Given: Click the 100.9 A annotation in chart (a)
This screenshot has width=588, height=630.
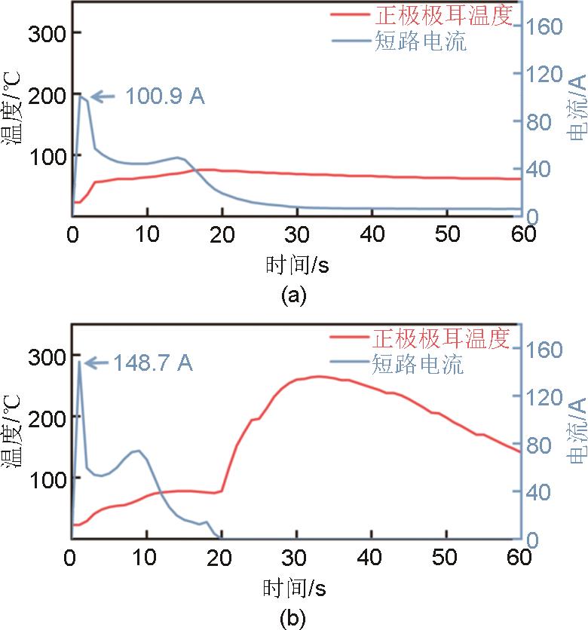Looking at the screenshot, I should [165, 96].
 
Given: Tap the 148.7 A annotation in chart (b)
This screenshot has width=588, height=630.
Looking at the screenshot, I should [154, 363].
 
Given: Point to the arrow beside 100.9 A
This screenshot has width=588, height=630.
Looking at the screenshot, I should [103, 96].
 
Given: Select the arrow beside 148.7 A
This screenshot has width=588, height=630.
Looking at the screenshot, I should [96, 363].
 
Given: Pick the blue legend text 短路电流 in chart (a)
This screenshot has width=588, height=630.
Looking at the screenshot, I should [420, 41].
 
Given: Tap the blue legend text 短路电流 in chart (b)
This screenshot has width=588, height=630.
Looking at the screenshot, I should [418, 365].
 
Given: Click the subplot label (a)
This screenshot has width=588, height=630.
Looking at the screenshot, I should [294, 296].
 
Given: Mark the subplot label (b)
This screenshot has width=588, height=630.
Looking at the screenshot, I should [294, 619].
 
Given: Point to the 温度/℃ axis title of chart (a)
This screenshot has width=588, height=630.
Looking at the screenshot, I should [13, 114].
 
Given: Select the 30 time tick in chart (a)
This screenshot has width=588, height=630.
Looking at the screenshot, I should [298, 234].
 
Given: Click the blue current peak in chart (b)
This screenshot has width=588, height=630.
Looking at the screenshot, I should [79, 362].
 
